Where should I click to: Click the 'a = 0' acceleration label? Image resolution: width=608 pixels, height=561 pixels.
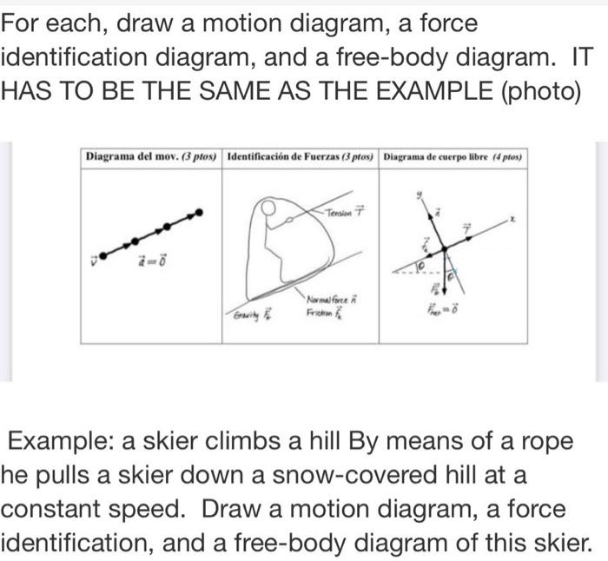click(153, 259)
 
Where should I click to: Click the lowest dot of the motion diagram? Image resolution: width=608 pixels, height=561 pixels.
click(104, 255)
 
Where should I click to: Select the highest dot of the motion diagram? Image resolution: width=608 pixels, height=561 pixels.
click(201, 211)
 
